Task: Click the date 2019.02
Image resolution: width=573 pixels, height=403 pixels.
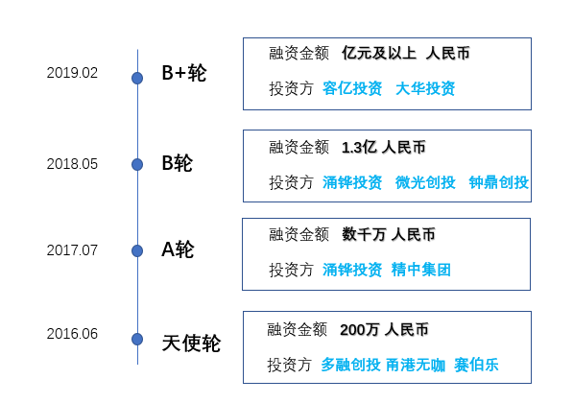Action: [x=72, y=73]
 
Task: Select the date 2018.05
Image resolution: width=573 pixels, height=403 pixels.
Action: [x=72, y=164]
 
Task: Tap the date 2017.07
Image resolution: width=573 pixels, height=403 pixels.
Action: [x=72, y=250]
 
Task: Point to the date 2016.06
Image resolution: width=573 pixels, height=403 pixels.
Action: [x=72, y=334]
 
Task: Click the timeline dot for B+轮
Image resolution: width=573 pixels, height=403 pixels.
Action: [x=137, y=78]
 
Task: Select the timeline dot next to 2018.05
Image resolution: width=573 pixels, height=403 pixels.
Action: [x=137, y=164]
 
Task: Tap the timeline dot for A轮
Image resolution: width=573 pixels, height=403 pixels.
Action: [x=137, y=250]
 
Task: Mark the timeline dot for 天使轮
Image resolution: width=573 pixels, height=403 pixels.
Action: [x=137, y=339]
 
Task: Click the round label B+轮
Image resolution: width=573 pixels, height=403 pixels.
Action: [x=184, y=73]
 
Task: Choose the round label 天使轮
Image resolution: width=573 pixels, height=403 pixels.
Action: [x=191, y=344]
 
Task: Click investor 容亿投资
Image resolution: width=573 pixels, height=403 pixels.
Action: [x=352, y=88]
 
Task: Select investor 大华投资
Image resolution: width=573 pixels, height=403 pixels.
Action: [x=425, y=88]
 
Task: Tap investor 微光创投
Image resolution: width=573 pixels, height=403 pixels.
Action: [x=425, y=182]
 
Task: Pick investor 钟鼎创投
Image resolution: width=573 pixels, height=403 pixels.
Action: [x=499, y=182]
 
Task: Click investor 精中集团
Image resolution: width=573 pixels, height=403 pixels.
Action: [x=421, y=270]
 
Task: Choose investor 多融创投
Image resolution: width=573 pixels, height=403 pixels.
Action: [x=351, y=365]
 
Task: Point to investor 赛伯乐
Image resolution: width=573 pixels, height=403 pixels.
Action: [x=476, y=365]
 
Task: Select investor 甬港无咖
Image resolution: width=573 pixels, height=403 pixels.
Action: [x=416, y=365]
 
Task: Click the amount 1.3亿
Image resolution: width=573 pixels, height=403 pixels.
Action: [x=359, y=148]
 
